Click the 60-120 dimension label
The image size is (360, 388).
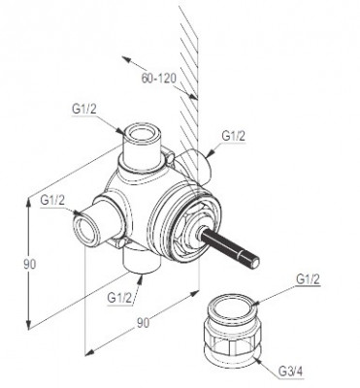158,79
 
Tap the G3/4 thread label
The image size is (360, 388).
290,372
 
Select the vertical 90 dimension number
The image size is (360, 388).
30,265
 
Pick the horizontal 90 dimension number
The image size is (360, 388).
143,323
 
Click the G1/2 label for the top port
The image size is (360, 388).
84,110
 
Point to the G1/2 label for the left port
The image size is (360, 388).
52,201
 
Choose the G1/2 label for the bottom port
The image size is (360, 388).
119,297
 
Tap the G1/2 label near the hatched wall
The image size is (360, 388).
234,136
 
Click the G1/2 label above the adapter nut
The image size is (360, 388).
308,279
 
